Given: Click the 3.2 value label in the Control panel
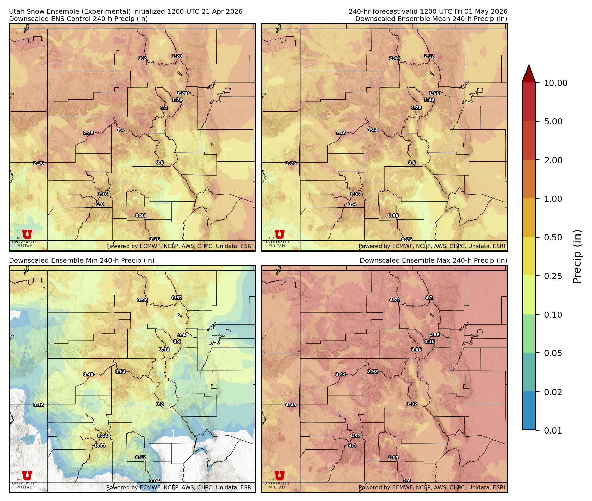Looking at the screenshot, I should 142,58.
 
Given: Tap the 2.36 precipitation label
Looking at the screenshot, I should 39,163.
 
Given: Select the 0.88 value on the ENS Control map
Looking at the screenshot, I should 141,216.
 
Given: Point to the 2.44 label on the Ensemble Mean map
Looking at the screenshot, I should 395,58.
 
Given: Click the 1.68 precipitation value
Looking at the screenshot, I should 434,93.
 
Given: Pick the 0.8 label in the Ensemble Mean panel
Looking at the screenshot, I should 412,163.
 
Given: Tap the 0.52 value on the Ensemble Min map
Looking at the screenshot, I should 177,298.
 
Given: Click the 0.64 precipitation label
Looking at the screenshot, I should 120,372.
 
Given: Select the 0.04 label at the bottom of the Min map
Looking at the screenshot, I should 154,481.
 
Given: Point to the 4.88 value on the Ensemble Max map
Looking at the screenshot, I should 434,335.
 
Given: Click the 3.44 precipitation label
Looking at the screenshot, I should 341,375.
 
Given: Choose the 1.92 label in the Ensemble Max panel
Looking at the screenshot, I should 412,404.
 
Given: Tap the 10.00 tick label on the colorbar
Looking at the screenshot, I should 556,83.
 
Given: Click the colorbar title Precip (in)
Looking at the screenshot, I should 577,257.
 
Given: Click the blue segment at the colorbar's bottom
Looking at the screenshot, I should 529,411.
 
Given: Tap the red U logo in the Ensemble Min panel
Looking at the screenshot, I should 27,475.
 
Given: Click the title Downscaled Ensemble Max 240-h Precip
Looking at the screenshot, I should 433,261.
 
